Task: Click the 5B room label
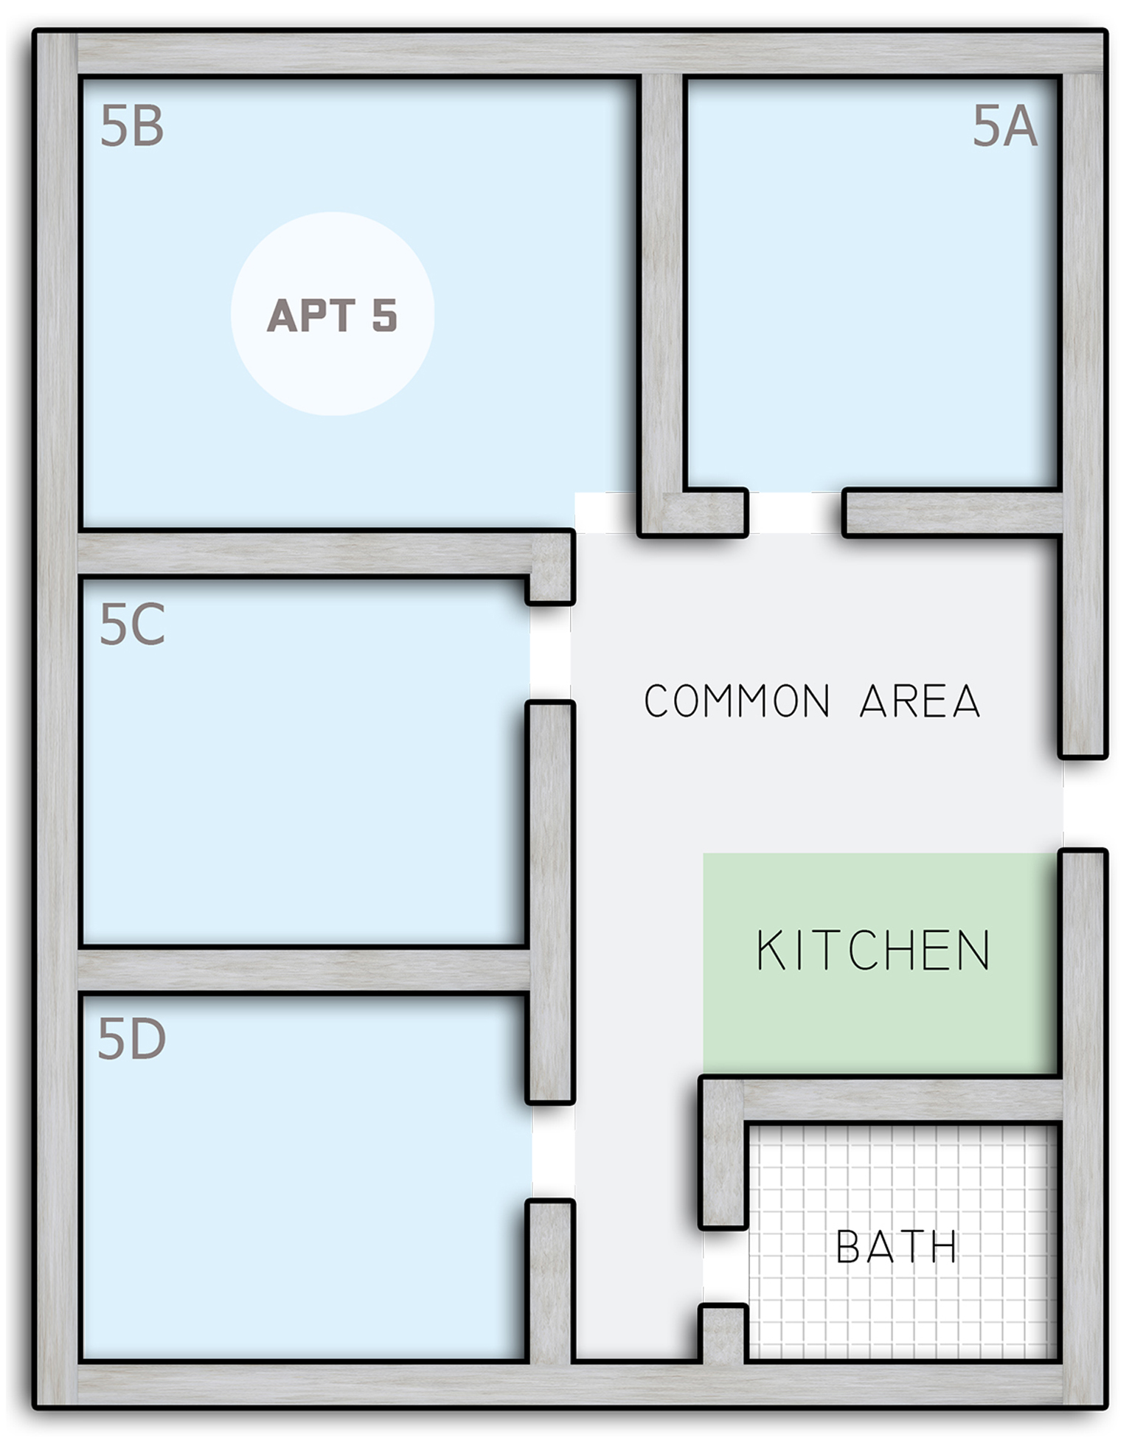pos(131,126)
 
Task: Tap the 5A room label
pos(1004,126)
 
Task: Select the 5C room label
pos(131,624)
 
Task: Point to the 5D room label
pos(131,1039)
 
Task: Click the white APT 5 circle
pos(333,314)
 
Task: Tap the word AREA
pos(920,700)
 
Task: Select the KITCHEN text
pos(874,950)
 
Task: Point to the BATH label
pos(897,1246)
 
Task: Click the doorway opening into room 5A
pos(795,512)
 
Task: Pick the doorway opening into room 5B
pos(605,512)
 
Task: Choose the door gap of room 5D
pos(552,1152)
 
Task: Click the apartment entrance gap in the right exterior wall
pos(1084,804)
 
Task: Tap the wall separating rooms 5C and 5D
pos(304,970)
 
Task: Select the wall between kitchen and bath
pos(903,1100)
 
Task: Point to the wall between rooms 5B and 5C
pos(324,553)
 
